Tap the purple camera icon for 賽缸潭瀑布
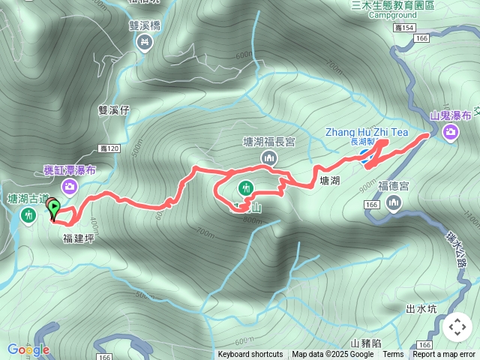coord(70,185)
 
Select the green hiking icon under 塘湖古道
coord(29,216)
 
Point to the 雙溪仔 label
coord(114,109)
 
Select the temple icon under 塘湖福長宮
coord(268,157)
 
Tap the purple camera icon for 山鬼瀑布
coord(451,133)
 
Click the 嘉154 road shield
coord(403,28)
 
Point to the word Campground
coord(392,14)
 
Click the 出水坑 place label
coord(421,309)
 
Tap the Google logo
coord(28,349)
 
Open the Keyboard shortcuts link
coord(250,355)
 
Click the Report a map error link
coord(444,355)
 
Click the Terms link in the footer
coord(393,355)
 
